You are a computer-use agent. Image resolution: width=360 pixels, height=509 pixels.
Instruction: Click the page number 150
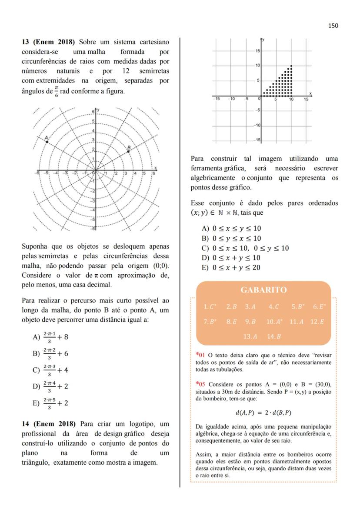tap(333, 26)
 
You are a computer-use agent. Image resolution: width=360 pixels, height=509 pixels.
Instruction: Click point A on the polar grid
tap(47, 142)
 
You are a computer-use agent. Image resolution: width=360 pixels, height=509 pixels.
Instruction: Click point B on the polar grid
tap(127, 151)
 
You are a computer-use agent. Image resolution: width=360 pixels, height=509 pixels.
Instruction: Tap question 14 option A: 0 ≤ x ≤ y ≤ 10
tap(231, 229)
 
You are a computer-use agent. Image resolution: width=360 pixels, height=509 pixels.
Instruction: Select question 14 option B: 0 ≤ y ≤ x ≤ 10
tap(231, 238)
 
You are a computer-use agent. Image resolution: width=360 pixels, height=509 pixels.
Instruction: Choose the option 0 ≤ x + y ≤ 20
tap(231, 267)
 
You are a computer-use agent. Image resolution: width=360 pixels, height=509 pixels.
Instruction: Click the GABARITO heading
tap(263, 290)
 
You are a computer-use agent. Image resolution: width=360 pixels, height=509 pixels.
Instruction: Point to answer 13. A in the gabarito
tap(250, 336)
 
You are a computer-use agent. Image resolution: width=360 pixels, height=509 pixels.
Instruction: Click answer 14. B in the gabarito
tap(274, 336)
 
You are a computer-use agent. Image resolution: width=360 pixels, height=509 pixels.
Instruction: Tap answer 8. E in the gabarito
tap(231, 322)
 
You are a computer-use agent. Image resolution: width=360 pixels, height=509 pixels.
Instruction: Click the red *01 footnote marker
tap(200, 355)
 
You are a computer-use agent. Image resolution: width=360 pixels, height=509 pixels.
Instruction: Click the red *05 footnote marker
tap(200, 384)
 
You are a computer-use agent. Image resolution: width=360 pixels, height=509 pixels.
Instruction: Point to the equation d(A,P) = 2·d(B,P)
tap(263, 412)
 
